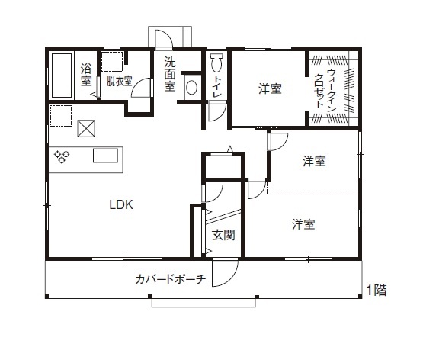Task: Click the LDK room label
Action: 121,204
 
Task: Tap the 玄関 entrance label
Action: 223,235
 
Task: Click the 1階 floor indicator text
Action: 376,290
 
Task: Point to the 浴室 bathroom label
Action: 86,74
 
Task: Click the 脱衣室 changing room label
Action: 119,80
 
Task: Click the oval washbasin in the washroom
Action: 191,88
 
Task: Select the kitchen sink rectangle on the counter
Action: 107,156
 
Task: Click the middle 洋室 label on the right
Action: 314,161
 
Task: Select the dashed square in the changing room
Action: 112,60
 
